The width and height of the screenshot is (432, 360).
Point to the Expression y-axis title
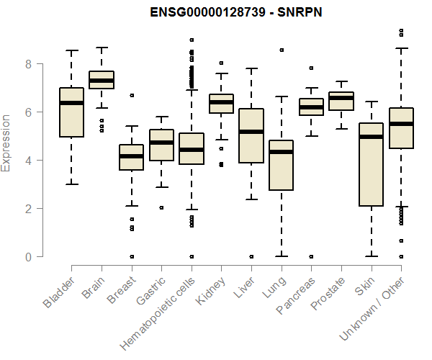coord(6,143)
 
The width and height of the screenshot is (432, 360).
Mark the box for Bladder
coord(71,112)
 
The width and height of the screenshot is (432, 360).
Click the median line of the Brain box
coord(101,81)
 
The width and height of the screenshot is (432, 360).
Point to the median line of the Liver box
coord(251,132)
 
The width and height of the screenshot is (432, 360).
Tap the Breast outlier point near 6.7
coord(131,95)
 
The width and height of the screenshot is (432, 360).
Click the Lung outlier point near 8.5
coord(281,50)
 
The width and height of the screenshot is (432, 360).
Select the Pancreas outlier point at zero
coord(311,256)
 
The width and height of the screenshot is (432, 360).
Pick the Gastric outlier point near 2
coord(161,207)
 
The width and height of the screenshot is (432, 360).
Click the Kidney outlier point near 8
coord(221,63)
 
